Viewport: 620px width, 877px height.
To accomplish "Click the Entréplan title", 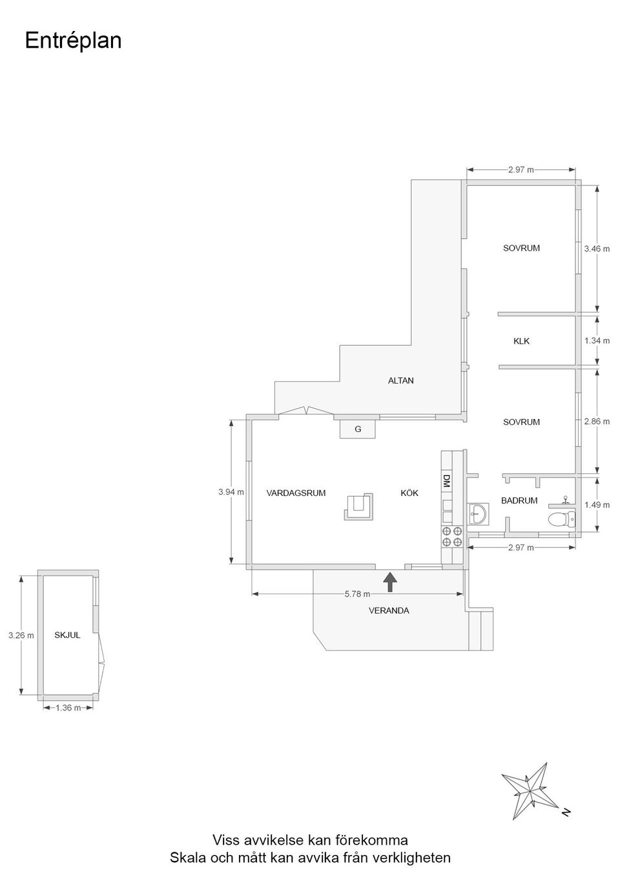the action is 73,41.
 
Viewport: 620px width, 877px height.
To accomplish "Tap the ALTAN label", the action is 400,380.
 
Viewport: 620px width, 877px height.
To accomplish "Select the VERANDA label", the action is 389,610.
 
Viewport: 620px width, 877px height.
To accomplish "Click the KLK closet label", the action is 521,341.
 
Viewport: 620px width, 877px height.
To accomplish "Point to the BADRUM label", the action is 519,500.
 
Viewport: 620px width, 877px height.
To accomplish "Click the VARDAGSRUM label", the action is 296,493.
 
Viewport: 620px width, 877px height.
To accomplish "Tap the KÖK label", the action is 409,493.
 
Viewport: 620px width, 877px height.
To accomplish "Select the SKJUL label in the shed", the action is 67,635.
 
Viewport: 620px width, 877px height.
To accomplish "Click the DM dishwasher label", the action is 446,480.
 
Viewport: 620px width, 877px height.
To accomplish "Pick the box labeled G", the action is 358,429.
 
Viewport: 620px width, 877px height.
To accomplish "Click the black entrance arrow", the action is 389,582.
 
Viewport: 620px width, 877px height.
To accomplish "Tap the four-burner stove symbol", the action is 452,537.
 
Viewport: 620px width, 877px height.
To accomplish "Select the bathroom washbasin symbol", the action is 478,513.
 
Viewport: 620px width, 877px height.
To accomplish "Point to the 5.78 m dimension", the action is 357,594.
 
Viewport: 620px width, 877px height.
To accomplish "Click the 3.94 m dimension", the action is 231,491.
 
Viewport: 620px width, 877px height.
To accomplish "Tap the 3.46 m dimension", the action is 597,249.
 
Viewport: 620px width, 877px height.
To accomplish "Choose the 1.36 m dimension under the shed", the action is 68,707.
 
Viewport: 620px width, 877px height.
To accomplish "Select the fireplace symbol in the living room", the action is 358,506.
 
